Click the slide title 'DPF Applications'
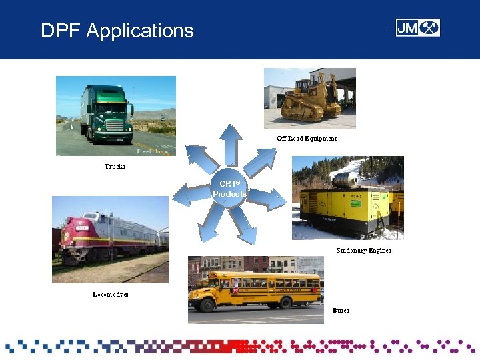(x=117, y=31)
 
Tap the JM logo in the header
(x=417, y=27)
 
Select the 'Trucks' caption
(x=115, y=166)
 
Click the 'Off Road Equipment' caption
(x=307, y=139)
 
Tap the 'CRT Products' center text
(x=229, y=189)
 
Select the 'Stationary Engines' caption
(x=363, y=250)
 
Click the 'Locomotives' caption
(x=111, y=294)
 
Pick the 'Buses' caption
(x=341, y=311)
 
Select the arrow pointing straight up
(x=230, y=143)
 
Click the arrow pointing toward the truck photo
(x=198, y=159)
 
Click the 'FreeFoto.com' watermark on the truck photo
(x=155, y=151)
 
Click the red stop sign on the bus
(x=235, y=291)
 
